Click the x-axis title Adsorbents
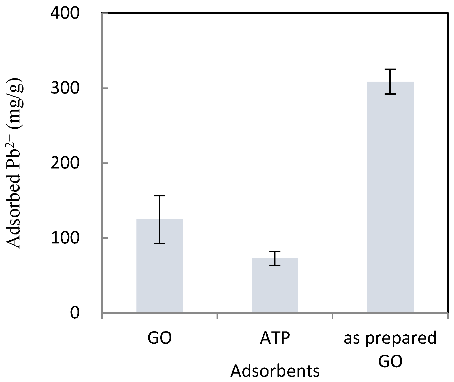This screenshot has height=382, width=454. point(275,371)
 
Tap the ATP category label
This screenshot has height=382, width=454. point(275,338)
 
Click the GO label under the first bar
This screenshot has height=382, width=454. point(159,338)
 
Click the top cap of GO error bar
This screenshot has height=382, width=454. point(159,196)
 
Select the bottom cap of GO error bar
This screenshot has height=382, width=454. point(159,243)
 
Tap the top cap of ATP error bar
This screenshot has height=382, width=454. point(275,251)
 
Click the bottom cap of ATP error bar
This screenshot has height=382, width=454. point(275,265)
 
